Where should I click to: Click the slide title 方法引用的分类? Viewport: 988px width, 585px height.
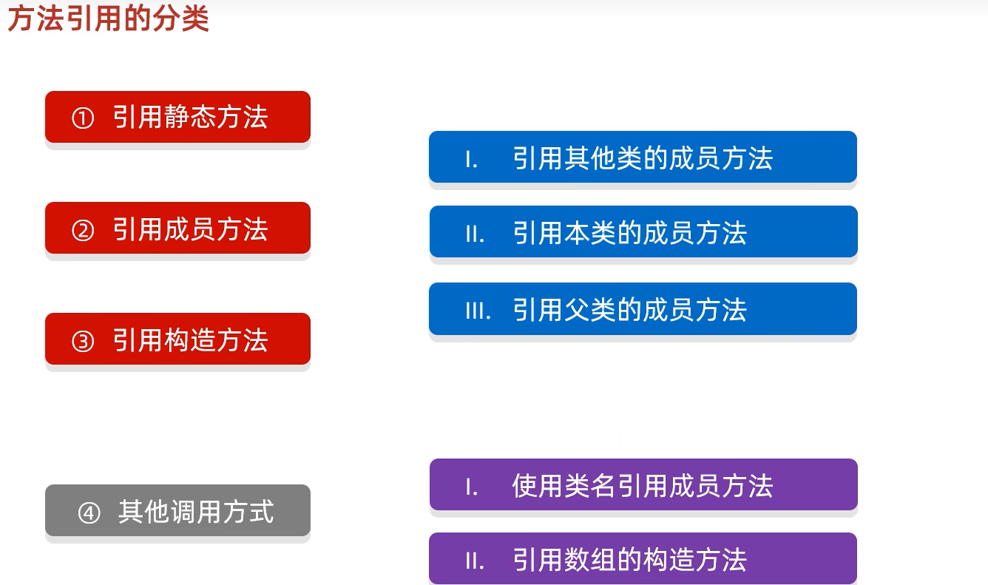tap(108, 18)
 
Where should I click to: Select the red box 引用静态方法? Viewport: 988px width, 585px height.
tap(177, 117)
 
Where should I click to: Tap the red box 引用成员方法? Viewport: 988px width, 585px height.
tap(177, 229)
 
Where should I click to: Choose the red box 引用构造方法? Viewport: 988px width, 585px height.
tap(177, 339)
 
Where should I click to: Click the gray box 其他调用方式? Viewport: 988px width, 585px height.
tap(177, 511)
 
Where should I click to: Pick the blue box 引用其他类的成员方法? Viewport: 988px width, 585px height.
tap(643, 158)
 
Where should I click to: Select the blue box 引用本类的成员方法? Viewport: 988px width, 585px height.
tap(643, 232)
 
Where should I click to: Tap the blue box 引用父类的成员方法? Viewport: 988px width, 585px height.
tap(643, 309)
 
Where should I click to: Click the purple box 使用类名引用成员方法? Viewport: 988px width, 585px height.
tap(643, 485)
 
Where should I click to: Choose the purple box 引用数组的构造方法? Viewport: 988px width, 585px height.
tap(643, 559)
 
